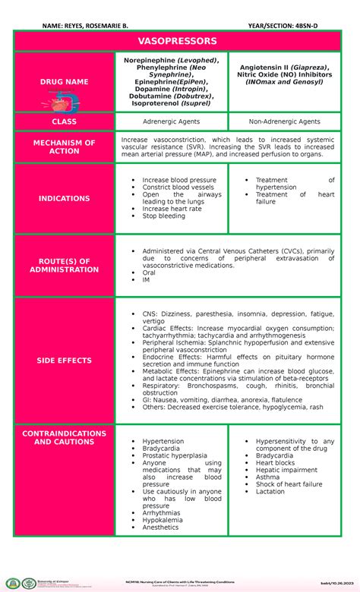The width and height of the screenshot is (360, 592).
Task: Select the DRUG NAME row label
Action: tap(65, 81)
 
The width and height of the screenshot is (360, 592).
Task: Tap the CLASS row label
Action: tap(65, 121)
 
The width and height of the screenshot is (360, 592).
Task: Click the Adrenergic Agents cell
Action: tap(172, 121)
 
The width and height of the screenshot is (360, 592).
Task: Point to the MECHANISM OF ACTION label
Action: tap(65, 147)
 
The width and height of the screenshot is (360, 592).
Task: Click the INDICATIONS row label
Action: tap(65, 199)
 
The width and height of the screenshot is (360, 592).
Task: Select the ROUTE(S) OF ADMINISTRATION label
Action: tap(65, 264)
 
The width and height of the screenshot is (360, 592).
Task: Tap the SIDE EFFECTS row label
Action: tap(65, 361)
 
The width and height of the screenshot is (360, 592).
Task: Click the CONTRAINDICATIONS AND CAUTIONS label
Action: tap(65, 437)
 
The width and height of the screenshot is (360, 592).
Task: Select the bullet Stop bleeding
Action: tap(163, 216)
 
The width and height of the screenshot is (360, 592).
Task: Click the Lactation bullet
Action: tap(271, 491)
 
